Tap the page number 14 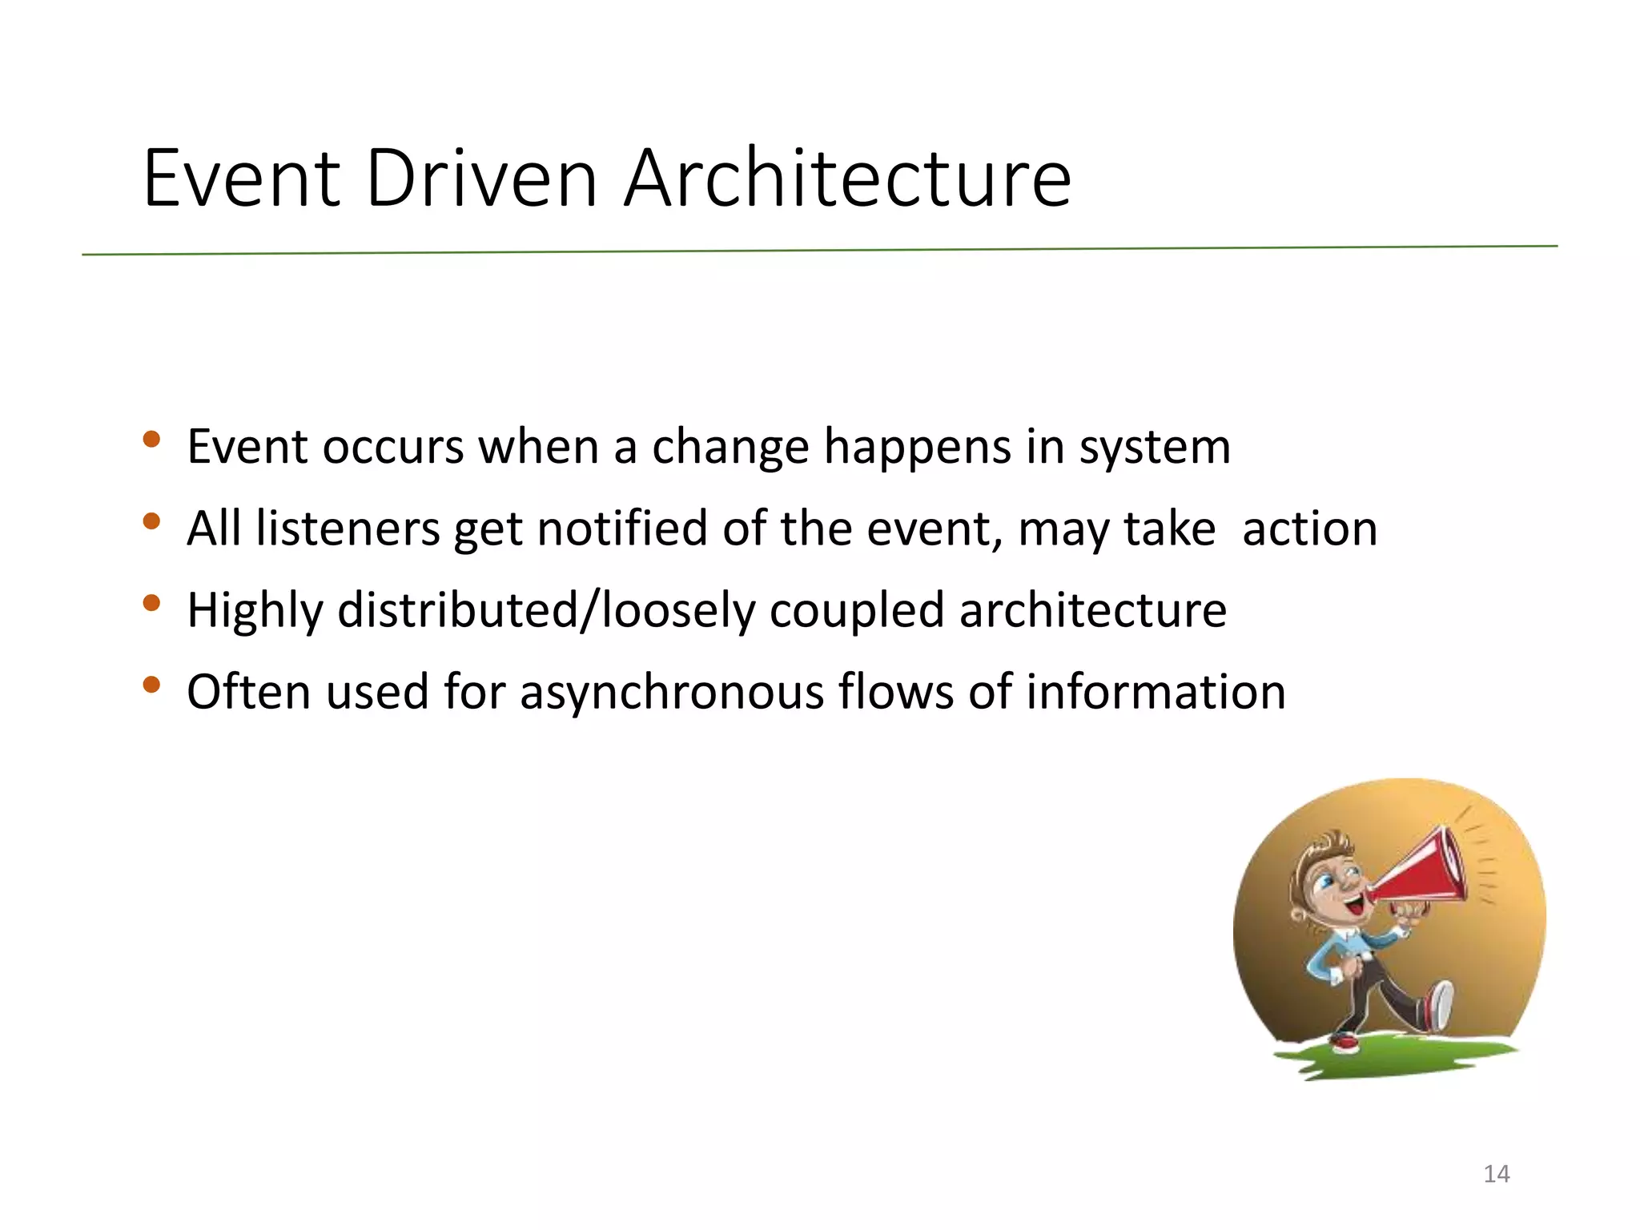pyautogui.click(x=1496, y=1174)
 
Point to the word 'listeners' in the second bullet pyautogui.click(x=348, y=529)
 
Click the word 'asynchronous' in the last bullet pyautogui.click(x=671, y=692)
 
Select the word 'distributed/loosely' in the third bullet pyautogui.click(x=546, y=610)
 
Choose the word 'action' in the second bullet pyautogui.click(x=1309, y=529)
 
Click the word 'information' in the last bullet pyautogui.click(x=1156, y=692)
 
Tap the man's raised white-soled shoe pyautogui.click(x=1441, y=1005)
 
